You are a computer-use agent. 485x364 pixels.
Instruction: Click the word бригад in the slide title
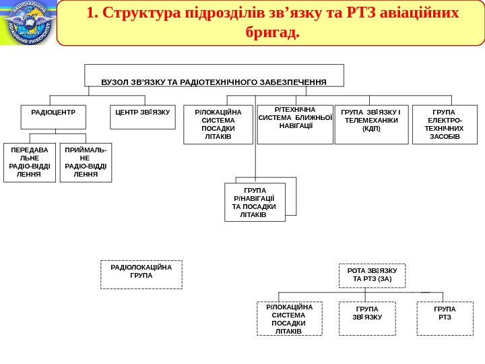tap(273, 32)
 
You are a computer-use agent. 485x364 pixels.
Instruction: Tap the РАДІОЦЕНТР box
tap(53, 117)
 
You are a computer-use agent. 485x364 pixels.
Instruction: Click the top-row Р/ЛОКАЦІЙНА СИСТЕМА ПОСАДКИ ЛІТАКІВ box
tap(218, 125)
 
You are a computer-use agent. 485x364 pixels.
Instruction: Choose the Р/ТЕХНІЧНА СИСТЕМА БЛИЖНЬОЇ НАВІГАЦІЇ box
tap(296, 124)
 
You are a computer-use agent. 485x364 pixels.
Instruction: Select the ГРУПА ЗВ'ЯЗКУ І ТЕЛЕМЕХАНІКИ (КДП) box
tap(371, 124)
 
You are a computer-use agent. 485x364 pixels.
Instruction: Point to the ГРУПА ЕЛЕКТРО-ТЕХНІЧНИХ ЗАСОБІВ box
tap(445, 125)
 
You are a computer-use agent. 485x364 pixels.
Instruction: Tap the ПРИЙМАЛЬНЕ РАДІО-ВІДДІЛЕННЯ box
tap(86, 162)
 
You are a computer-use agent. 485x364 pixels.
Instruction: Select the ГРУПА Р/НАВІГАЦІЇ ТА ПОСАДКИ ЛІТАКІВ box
tap(255, 202)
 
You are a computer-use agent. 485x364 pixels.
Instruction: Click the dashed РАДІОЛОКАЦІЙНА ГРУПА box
tap(141, 274)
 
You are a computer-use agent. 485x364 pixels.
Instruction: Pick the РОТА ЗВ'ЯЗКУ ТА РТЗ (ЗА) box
tap(372, 275)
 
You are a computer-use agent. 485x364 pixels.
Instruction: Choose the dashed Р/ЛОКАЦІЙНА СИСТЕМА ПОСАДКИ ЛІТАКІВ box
tap(289, 319)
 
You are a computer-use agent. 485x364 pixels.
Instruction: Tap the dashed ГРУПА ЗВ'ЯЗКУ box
tap(366, 317)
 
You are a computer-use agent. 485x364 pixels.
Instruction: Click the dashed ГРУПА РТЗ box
tap(445, 317)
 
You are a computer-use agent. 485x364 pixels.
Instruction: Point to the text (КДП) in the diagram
tap(371, 129)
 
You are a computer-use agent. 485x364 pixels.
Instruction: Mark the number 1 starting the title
tap(90, 13)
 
